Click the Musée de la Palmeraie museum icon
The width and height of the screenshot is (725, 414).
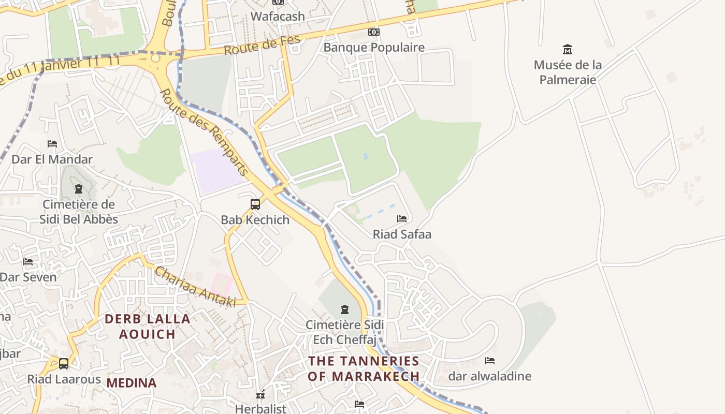(568, 50)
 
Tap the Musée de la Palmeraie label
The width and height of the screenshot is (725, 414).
(568, 72)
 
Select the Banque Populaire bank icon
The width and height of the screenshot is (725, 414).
(374, 32)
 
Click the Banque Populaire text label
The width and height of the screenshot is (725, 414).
(374, 48)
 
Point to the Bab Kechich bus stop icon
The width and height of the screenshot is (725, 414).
(255, 204)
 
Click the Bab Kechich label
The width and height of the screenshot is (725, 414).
(255, 219)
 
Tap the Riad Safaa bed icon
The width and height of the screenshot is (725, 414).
(402, 219)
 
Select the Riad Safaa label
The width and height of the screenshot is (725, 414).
(402, 234)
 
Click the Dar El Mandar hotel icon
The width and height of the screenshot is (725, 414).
(52, 144)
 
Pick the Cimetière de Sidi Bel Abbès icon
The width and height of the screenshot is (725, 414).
(79, 189)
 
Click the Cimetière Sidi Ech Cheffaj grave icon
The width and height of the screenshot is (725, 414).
(345, 310)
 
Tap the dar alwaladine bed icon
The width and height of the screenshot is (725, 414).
(490, 361)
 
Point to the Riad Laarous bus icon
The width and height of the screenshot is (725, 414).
(64, 364)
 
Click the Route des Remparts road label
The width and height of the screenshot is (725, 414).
(205, 132)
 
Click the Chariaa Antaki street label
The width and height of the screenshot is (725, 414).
(195, 286)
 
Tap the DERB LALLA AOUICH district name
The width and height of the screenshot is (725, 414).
(148, 327)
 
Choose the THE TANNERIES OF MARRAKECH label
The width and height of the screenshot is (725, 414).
(364, 368)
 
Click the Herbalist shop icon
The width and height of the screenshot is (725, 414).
(260, 395)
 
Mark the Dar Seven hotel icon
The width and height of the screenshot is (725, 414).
(28, 262)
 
